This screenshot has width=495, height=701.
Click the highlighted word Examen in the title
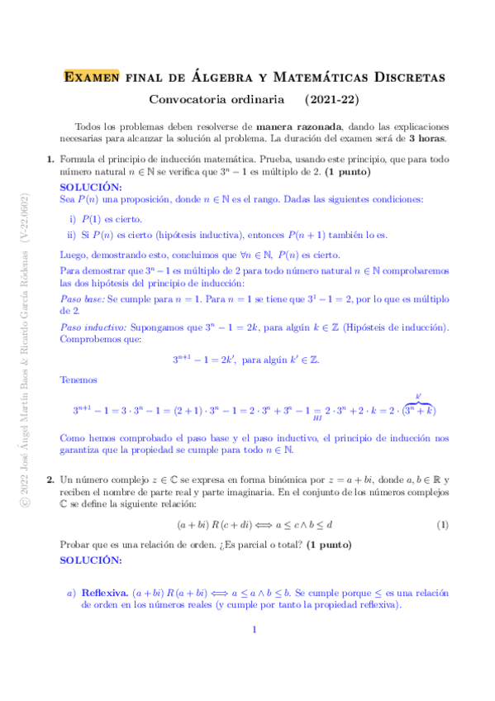point(93,78)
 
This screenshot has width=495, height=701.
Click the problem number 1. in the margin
point(50,159)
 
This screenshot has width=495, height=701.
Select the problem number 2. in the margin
point(50,479)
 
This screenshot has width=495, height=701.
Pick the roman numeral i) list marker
point(73,219)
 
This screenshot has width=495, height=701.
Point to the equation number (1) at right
point(442,524)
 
